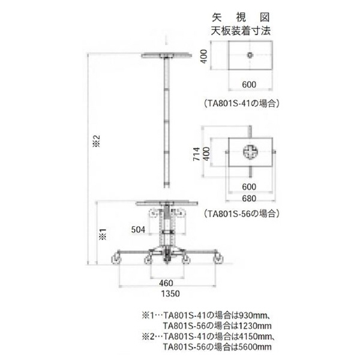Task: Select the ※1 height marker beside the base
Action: point(103,232)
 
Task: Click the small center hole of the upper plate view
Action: point(248,56)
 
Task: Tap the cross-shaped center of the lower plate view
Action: point(250,153)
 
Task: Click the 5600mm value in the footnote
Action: point(256,347)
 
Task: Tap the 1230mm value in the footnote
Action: point(256,325)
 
